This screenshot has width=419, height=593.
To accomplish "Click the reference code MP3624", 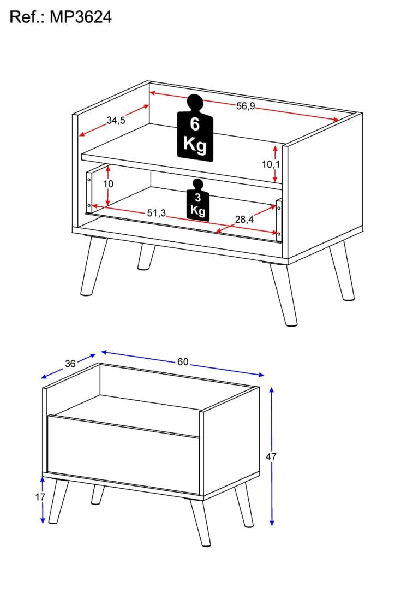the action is (x=81, y=17).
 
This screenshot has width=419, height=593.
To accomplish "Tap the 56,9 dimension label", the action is (x=246, y=106).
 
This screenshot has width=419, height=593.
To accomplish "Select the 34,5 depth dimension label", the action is (x=116, y=121).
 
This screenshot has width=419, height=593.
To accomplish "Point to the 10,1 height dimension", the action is (x=271, y=164).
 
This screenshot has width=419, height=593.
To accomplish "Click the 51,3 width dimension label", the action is (x=157, y=214).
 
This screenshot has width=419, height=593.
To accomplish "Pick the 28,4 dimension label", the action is (x=244, y=220).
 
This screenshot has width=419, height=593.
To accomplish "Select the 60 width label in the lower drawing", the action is (x=183, y=362).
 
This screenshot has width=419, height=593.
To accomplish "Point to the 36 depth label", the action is (x=70, y=364).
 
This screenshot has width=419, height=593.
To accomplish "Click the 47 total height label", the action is (x=271, y=457).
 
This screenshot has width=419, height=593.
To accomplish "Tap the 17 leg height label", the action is (x=40, y=497).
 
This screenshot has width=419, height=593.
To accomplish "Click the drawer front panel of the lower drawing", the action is (x=123, y=455).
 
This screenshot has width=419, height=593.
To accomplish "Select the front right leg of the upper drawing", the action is (x=283, y=293).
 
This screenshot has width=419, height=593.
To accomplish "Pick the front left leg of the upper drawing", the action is (x=93, y=266).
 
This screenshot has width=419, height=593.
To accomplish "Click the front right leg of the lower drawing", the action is (x=201, y=522).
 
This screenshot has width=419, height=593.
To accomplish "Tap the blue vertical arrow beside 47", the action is (x=272, y=456).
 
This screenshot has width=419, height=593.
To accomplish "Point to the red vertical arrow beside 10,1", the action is (x=276, y=163).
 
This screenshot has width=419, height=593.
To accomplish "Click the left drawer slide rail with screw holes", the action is (x=89, y=192).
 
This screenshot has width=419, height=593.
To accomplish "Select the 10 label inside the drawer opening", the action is (x=109, y=184).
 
